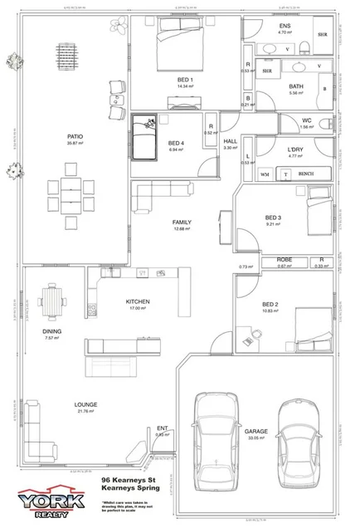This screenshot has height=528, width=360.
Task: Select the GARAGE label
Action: click(255, 432)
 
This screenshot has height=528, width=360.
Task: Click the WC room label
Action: click(306, 121)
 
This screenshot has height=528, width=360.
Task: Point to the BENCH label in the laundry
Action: click(304, 174)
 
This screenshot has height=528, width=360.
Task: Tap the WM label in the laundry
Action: click(265, 174)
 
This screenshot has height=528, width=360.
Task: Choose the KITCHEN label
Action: click(136, 301)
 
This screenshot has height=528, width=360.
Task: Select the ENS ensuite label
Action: click(285, 27)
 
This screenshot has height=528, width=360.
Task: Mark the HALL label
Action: click(230, 142)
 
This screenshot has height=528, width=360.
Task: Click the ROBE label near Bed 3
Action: click(285, 261)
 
